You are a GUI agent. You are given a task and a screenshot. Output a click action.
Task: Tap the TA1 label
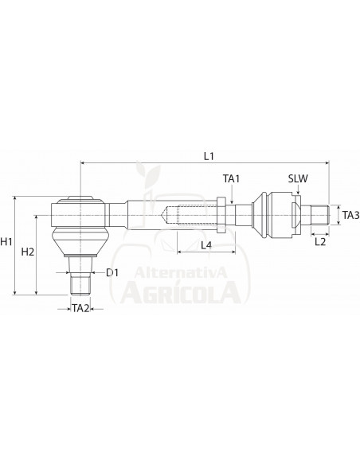tap(231, 181)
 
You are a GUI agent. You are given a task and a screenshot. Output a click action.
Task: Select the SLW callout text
tap(299, 181)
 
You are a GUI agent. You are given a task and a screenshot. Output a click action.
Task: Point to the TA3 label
tap(350, 215)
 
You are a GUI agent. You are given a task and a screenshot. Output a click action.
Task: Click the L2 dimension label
tap(319, 240)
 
